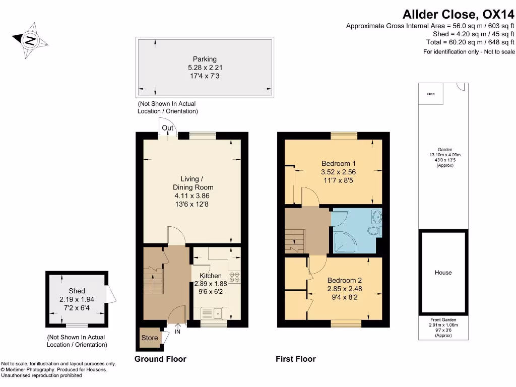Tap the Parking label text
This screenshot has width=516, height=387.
(205, 59)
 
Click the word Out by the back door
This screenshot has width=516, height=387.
(168, 128)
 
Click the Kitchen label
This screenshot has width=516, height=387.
(210, 276)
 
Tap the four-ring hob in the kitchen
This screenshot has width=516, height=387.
(235, 277)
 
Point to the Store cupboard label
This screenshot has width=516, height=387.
(150, 338)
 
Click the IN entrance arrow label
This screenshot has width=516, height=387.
(177, 332)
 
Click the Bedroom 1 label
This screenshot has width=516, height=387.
(339, 164)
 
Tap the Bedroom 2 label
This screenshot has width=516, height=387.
(344, 280)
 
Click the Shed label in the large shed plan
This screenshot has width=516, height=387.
(77, 291)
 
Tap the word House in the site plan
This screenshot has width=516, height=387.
(443, 273)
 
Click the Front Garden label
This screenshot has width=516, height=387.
(443, 320)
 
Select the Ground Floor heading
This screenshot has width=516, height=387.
(160, 359)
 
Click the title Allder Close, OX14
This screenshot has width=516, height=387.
(457, 15)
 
